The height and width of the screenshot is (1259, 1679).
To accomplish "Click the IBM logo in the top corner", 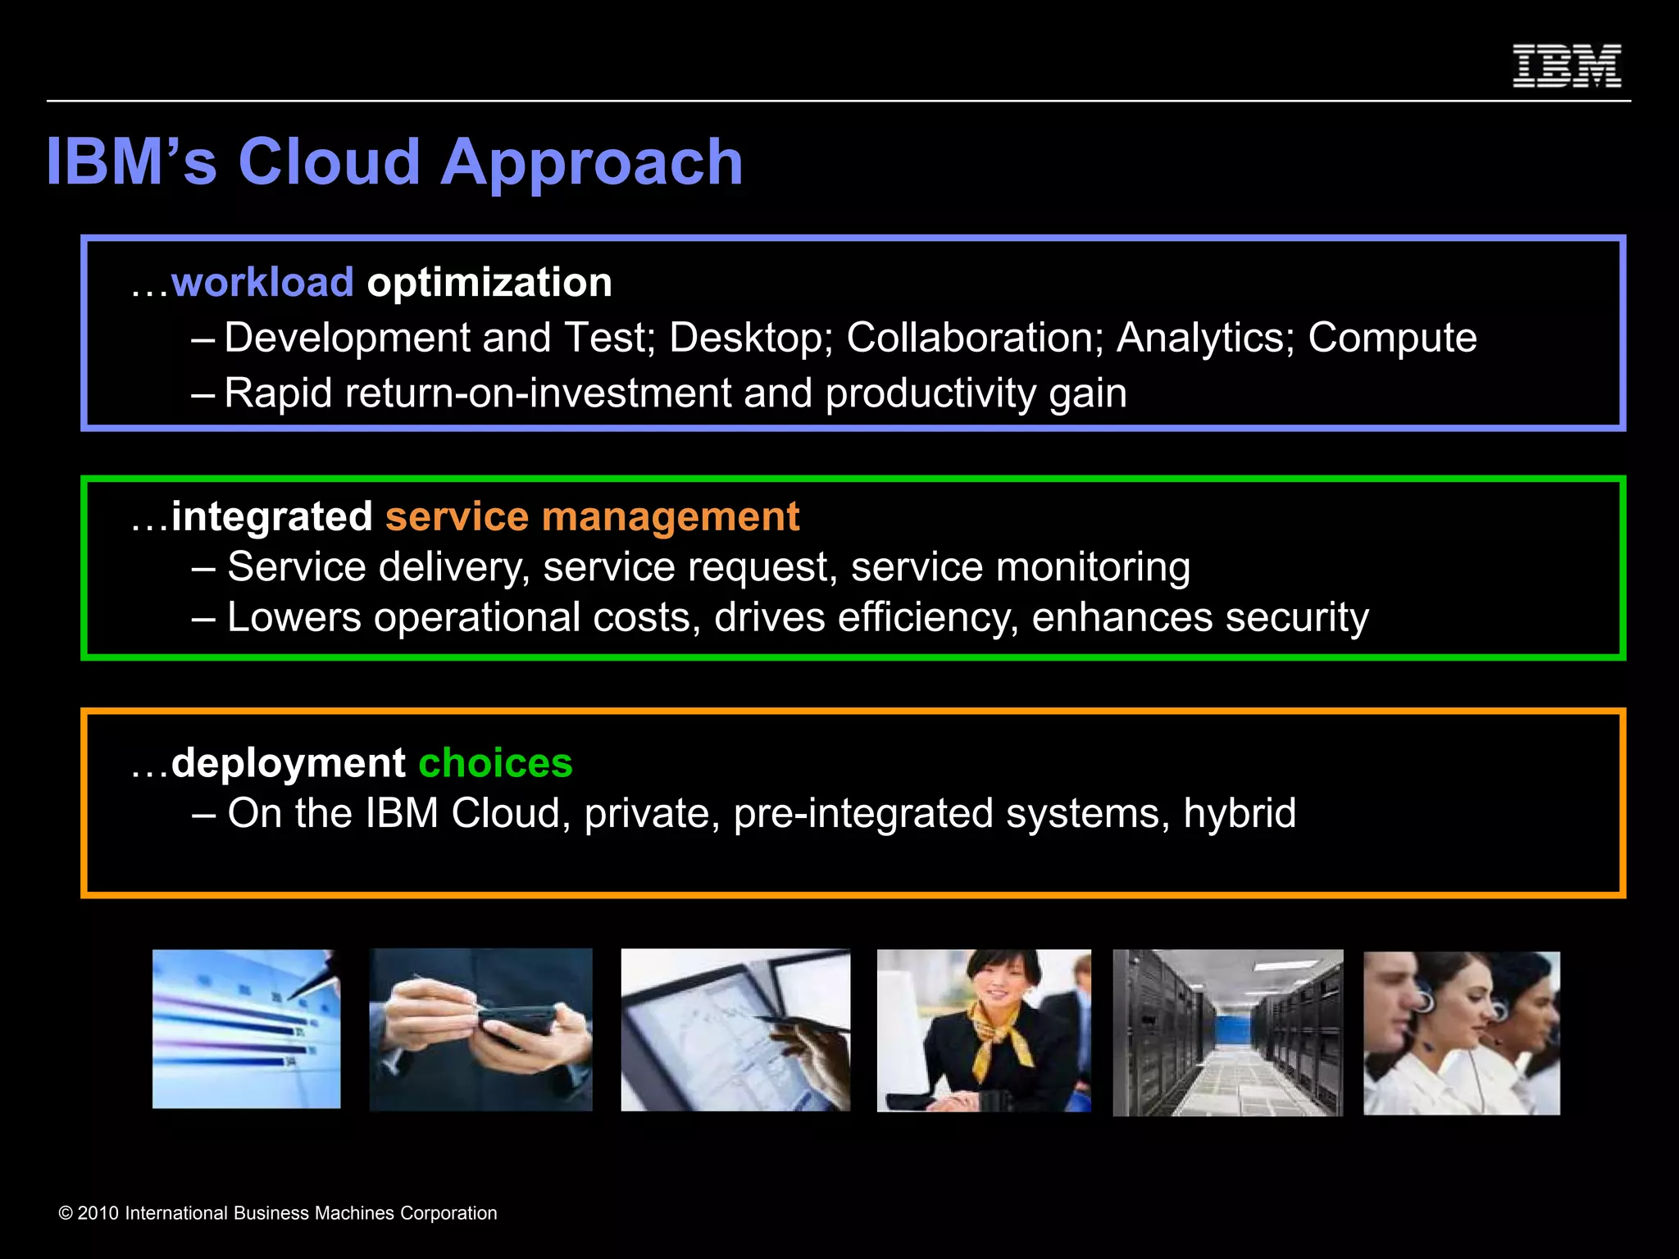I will pyautogui.click(x=1566, y=66).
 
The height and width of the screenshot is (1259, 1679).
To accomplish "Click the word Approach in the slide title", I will pyautogui.click(x=591, y=162).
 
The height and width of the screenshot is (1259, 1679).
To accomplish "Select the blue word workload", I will pyautogui.click(x=262, y=283).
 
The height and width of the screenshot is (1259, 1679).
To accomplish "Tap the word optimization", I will pyautogui.click(x=489, y=283).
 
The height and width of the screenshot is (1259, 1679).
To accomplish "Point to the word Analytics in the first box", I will pyautogui.click(x=1204, y=338).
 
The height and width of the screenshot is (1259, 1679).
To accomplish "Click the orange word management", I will pyautogui.click(x=670, y=517).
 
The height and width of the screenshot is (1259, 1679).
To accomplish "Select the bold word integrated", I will pyautogui.click(x=271, y=517).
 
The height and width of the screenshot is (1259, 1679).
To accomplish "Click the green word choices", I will pyautogui.click(x=495, y=763).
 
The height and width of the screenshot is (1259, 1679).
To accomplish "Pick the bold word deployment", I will pyautogui.click(x=288, y=763).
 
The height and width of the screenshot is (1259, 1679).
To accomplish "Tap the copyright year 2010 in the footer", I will pyautogui.click(x=98, y=1213).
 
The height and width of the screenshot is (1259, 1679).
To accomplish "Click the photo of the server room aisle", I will pyautogui.click(x=1227, y=1032).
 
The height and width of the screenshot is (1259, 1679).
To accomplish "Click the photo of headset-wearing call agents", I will pyautogui.click(x=1461, y=1033).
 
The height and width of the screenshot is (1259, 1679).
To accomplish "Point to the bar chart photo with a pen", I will pyautogui.click(x=246, y=1029).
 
